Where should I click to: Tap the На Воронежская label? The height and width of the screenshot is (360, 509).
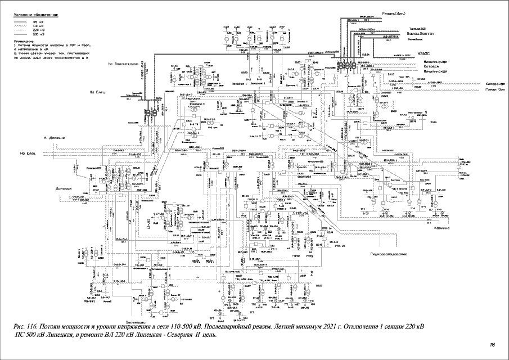(123, 64)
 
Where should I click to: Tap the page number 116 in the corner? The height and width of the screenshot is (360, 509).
(492, 344)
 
